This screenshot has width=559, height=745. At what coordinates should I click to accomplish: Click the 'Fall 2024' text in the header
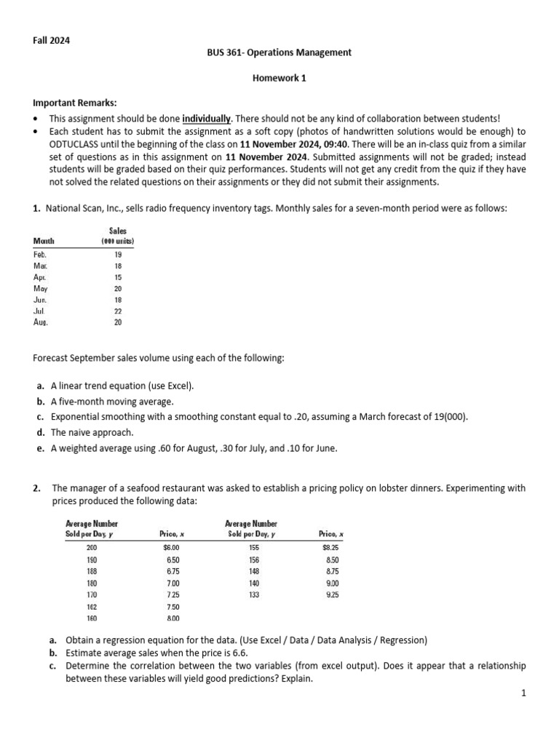(x=51, y=41)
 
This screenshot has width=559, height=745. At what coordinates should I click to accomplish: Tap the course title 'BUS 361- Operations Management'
(x=279, y=52)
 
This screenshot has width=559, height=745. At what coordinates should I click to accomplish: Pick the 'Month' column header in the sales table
(x=44, y=241)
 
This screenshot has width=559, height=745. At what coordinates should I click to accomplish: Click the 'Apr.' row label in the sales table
(x=41, y=277)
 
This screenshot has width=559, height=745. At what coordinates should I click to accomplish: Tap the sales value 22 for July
(x=118, y=311)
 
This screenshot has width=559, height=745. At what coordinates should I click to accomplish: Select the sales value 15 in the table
(x=118, y=277)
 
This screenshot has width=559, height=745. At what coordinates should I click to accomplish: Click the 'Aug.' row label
(x=41, y=322)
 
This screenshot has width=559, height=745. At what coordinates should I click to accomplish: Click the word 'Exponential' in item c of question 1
(x=75, y=417)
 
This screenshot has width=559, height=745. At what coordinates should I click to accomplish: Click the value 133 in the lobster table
(x=253, y=594)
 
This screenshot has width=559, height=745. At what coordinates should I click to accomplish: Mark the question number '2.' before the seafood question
(x=36, y=488)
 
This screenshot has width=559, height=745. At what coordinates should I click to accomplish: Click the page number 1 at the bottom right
(x=523, y=694)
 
